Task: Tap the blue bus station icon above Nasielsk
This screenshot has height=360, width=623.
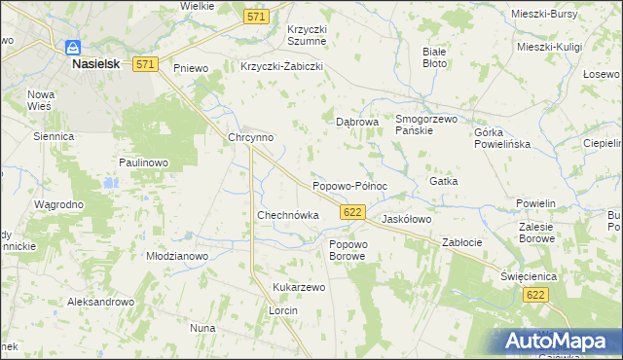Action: [72, 47]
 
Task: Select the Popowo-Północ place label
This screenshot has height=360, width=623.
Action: [349, 186]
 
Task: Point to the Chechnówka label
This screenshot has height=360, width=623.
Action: [288, 215]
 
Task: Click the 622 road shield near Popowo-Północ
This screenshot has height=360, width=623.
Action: [353, 212]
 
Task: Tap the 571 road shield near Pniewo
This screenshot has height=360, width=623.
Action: [146, 64]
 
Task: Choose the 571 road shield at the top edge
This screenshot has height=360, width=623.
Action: [256, 18]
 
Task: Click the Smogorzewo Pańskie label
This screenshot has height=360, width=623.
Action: [426, 125]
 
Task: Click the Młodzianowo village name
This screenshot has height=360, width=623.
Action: [178, 256]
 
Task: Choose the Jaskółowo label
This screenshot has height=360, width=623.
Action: [407, 220]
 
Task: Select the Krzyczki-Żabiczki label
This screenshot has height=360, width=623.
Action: [281, 67]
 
